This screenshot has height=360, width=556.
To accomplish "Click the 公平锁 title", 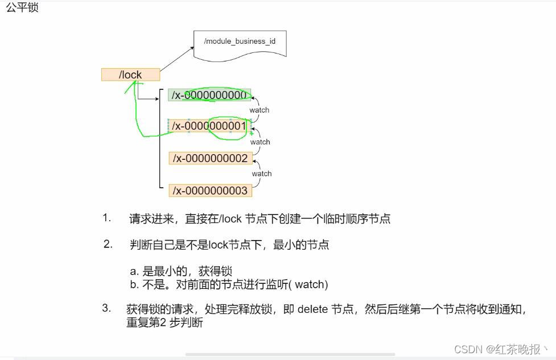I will point(22,8).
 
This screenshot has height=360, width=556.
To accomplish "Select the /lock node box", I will point(130,75).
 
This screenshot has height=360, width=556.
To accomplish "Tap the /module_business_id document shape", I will point(240,44).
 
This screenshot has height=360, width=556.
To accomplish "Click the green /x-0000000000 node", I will point(209,95).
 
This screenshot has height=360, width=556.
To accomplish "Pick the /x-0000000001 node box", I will point(209,126).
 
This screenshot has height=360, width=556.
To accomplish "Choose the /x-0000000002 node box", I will point(210,158).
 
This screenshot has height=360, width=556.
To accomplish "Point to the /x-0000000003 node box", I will point(210,191).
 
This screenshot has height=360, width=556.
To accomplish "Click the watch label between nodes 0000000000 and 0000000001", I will point(260,110).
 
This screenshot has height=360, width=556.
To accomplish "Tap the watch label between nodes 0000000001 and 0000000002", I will point(260,142).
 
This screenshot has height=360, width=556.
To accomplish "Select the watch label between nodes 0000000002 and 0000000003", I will point(262,173).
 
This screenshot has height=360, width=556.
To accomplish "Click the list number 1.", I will point(106,218).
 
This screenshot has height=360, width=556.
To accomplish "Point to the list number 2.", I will point(108,244).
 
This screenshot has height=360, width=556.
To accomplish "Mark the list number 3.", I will point(106,308).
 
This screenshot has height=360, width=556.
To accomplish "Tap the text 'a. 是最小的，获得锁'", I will point(181,272).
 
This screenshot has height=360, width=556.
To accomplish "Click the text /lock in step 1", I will point(230,219).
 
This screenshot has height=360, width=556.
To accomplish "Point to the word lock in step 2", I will point(218,245).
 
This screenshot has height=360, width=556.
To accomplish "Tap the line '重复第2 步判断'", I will point(164,322).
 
